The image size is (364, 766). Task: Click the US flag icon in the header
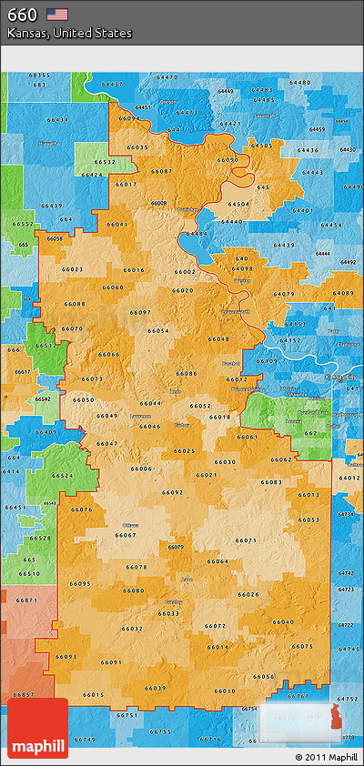point(58,14)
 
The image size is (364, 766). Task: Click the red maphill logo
point(39,728)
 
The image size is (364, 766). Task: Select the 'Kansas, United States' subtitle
point(69,34)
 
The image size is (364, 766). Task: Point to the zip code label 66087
point(161,171)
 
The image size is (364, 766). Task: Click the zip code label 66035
point(137,147)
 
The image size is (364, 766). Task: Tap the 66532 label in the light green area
point(104,162)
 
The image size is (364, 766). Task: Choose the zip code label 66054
point(158,330)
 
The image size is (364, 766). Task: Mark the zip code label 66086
point(187,373)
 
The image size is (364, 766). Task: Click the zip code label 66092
point(172,492)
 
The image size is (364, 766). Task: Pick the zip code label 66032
point(132,629)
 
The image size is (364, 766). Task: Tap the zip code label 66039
point(156,688)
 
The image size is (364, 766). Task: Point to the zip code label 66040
point(283,621)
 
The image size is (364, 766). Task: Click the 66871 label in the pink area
point(27,600)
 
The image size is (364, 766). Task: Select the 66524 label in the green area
point(63,476)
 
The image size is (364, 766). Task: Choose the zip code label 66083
point(270,482)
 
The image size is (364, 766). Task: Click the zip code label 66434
point(57,120)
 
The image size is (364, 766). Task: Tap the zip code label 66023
point(73,269)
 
